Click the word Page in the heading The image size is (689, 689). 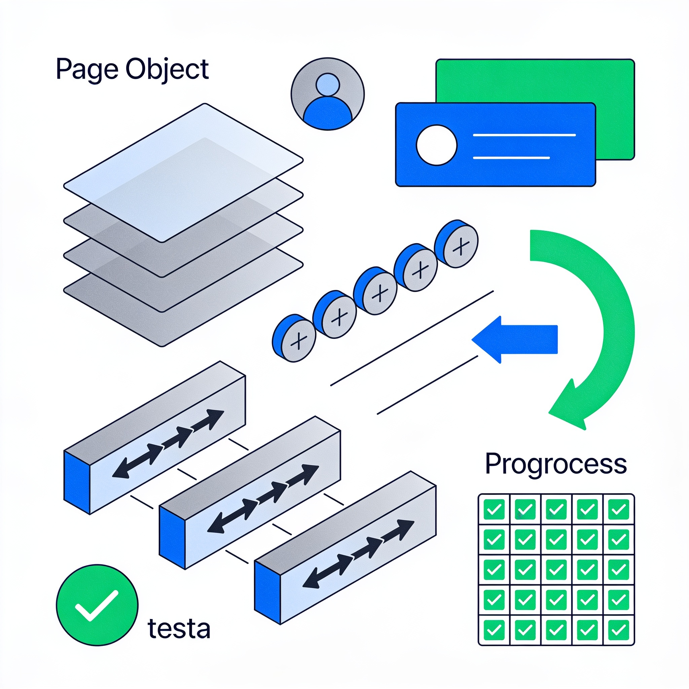(x=87, y=70)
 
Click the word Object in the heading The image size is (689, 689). (x=167, y=70)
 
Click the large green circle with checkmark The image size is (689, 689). (x=97, y=605)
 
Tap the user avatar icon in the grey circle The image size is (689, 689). (x=328, y=94)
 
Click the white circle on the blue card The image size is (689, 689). (x=436, y=145)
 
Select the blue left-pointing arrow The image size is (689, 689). (x=515, y=339)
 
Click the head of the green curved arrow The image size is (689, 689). (x=571, y=405)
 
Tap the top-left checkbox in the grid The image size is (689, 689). (x=494, y=509)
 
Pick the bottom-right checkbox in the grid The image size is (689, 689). (x=618, y=630)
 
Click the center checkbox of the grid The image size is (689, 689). (x=556, y=570)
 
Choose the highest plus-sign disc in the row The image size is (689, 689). (x=457, y=244)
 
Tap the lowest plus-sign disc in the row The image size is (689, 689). (x=294, y=338)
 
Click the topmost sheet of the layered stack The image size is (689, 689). (x=183, y=173)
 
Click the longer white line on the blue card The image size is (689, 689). (x=524, y=135)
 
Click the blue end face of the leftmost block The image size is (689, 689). (x=77, y=482)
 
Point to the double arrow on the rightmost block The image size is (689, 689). (x=358, y=554)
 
